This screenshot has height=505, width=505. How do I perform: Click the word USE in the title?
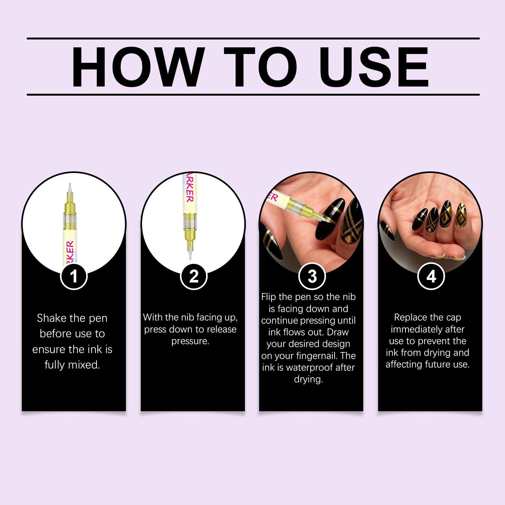tap(376, 67)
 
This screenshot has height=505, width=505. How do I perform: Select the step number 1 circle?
tap(74, 276)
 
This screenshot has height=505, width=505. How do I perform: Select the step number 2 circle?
tap(193, 276)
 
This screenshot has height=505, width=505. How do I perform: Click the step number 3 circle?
tap(312, 276)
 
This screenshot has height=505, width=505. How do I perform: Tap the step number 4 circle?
tap(431, 276)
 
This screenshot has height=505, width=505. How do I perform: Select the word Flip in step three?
tap(269, 297)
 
